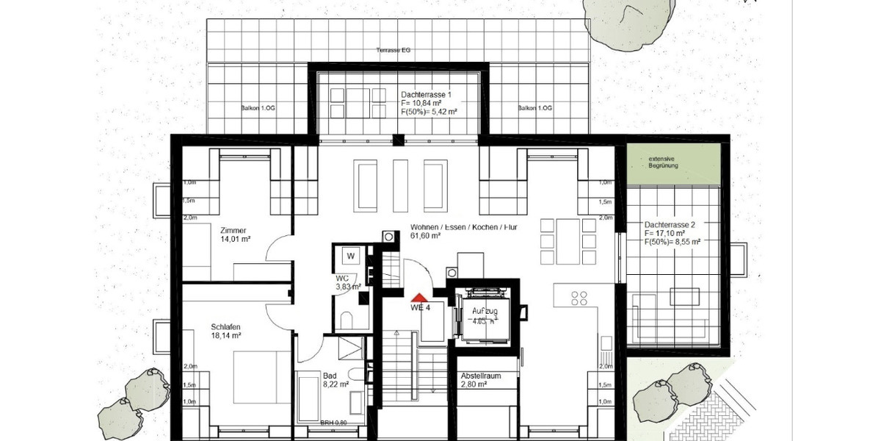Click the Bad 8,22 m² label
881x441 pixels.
tap(335, 379)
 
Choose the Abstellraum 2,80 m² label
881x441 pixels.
tap(481, 380)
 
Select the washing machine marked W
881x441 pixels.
tap(351, 256)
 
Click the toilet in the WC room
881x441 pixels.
tap(349, 320)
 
